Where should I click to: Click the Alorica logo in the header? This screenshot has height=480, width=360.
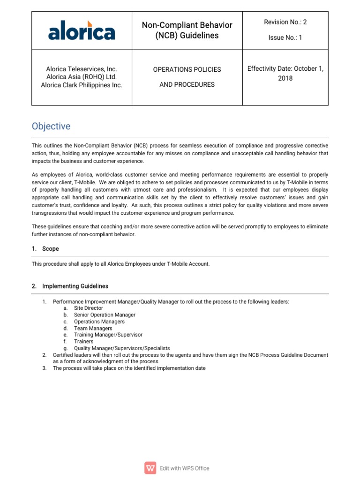coord(81,30)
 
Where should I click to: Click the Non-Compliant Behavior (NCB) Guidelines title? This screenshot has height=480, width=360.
coord(187,30)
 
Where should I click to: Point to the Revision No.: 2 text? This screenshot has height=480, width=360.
coord(285,22)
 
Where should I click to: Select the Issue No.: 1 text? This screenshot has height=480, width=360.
coord(285,37)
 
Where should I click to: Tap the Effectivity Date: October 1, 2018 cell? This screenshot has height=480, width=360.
coord(285,74)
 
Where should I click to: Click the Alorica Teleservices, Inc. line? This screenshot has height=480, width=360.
coord(81,69)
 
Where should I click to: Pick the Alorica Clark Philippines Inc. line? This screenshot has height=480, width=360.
coord(81,85)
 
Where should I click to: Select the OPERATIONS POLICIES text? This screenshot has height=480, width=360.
coord(187,69)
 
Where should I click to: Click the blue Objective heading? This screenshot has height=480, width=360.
coord(51,126)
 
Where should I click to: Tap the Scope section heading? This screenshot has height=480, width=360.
coord(50,249)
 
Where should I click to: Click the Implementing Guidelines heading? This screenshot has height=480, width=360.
coord(75,286)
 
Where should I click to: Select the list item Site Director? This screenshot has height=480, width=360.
coord(88,308)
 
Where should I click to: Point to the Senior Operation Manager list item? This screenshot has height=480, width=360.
coord(105,315)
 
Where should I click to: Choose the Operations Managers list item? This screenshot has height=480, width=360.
coord(99,322)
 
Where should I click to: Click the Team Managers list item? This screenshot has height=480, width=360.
coord(93,329)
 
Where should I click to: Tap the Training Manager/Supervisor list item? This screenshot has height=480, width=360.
coord(108,335)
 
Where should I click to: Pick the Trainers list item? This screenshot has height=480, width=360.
coord(83,342)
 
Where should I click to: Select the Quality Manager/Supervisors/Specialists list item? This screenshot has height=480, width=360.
coord(121,348)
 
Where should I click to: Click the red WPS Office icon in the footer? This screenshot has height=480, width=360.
coord(151,468)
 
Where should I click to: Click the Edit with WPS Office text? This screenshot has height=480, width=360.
coord(184,468)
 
